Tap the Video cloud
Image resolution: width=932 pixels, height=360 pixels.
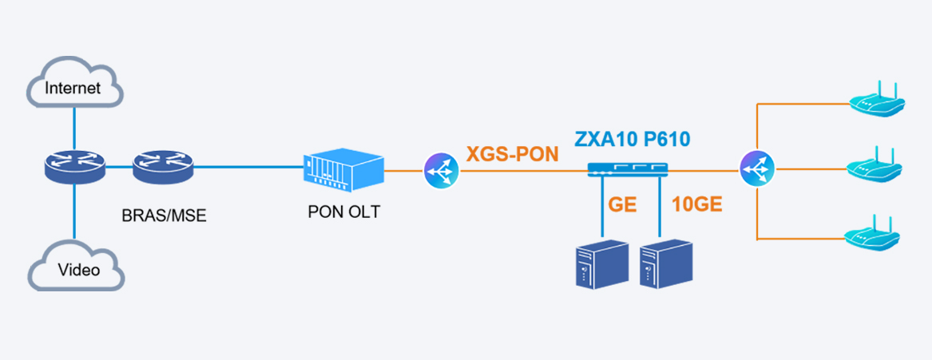click(77, 268)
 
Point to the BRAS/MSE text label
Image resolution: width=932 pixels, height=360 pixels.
click(165, 216)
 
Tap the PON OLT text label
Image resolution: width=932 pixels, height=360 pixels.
click(344, 213)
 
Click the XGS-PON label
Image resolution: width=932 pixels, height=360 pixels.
click(513, 154)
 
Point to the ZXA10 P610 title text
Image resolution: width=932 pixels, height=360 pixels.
click(632, 140)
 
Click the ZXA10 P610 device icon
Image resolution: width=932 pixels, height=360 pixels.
click(627, 168)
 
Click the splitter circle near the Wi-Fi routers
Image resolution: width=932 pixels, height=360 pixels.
click(756, 169)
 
